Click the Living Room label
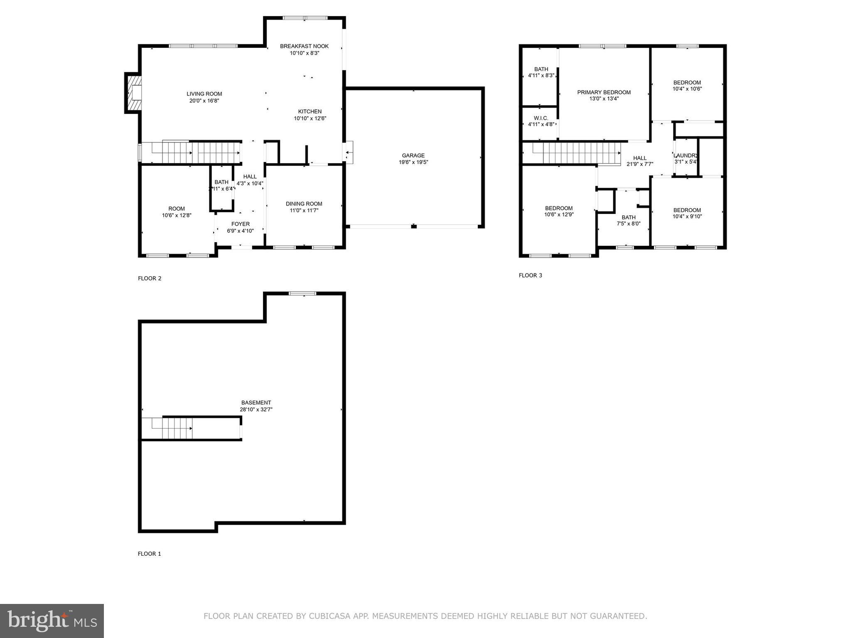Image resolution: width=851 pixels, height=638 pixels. pyautogui.click(x=204, y=94)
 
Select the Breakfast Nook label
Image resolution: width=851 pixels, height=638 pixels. pyautogui.click(x=304, y=46)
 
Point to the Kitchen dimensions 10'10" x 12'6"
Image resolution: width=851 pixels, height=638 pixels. pyautogui.click(x=310, y=118)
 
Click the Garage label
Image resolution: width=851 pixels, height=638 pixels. pyautogui.click(x=413, y=155)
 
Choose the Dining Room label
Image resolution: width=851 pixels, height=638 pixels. pyautogui.click(x=304, y=204)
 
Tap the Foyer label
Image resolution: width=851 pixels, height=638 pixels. pyautogui.click(x=240, y=224)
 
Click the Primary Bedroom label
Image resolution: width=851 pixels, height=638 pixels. pyautogui.click(x=604, y=92)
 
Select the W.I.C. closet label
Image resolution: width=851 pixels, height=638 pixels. pyautogui.click(x=541, y=118)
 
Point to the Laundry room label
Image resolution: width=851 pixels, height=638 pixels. pyautogui.click(x=685, y=155)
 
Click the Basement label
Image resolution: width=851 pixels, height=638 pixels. pyautogui.click(x=256, y=402)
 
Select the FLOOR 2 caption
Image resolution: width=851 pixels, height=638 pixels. pyautogui.click(x=150, y=278)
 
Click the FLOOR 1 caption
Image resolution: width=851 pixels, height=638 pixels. pyautogui.click(x=149, y=554)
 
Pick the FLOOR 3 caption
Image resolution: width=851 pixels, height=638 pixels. pyautogui.click(x=530, y=275)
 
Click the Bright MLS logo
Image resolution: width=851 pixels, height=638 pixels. pyautogui.click(x=52, y=621)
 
